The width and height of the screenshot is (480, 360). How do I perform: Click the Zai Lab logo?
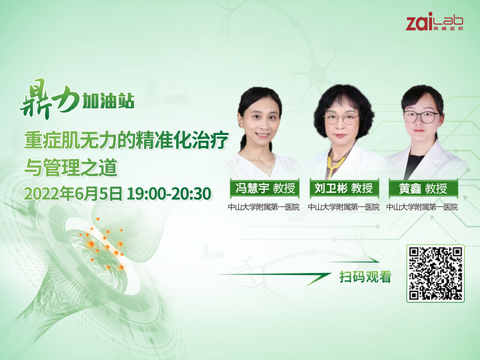(434, 21)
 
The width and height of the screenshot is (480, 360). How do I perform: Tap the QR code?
(435, 274)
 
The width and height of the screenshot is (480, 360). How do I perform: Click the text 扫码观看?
(365, 277)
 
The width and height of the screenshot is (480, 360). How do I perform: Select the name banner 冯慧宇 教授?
(265, 189)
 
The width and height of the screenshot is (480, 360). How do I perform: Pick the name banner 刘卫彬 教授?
(344, 189)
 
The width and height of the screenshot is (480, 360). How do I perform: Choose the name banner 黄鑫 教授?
(423, 189)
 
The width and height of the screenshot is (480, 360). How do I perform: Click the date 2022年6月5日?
(73, 193)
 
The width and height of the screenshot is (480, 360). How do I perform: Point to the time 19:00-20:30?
(169, 193)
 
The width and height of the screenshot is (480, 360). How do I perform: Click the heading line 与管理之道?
(71, 167)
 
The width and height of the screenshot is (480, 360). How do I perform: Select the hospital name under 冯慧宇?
(263, 207)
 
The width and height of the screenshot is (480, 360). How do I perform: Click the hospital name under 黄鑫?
(422, 207)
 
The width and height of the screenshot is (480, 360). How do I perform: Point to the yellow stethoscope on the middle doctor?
(332, 164)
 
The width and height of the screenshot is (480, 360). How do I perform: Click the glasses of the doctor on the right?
(422, 117)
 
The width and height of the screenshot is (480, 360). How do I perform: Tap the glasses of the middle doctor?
(341, 118)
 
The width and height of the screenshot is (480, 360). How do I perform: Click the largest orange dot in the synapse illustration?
(91, 244)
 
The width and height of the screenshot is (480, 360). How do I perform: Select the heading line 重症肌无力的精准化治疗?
(126, 141)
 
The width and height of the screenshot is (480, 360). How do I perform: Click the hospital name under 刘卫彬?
(344, 207)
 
